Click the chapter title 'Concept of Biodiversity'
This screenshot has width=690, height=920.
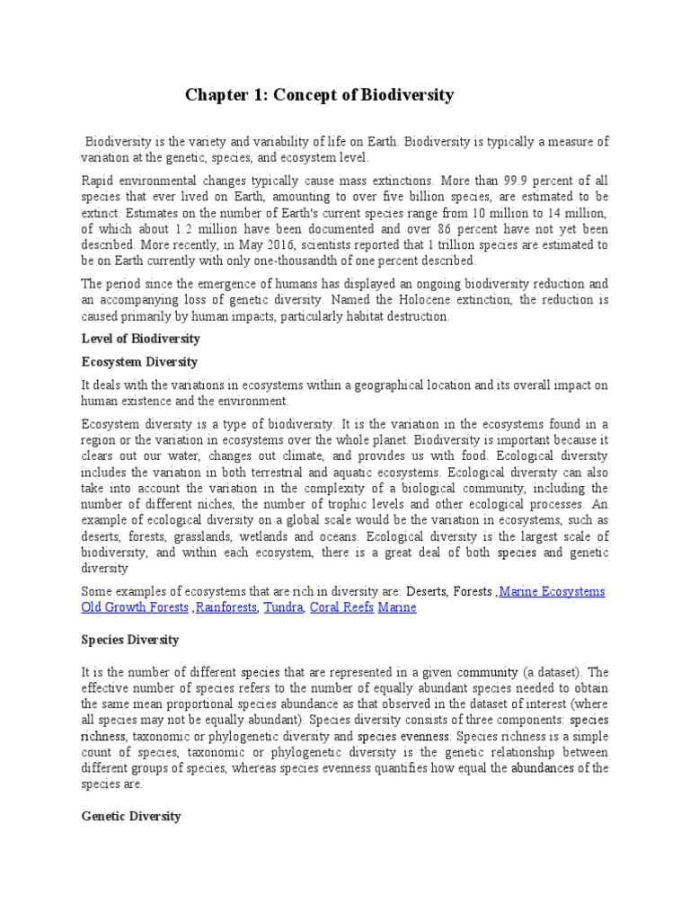(x=319, y=94)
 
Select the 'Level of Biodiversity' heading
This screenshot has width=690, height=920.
(x=140, y=339)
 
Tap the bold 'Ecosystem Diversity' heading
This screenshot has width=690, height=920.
(x=139, y=361)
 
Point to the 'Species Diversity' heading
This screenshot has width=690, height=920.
(x=130, y=640)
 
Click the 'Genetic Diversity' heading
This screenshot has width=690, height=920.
(x=131, y=816)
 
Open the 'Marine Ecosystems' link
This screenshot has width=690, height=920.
(x=552, y=592)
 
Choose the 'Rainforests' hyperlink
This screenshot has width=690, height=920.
(x=226, y=608)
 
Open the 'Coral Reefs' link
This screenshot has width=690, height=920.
(x=341, y=608)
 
